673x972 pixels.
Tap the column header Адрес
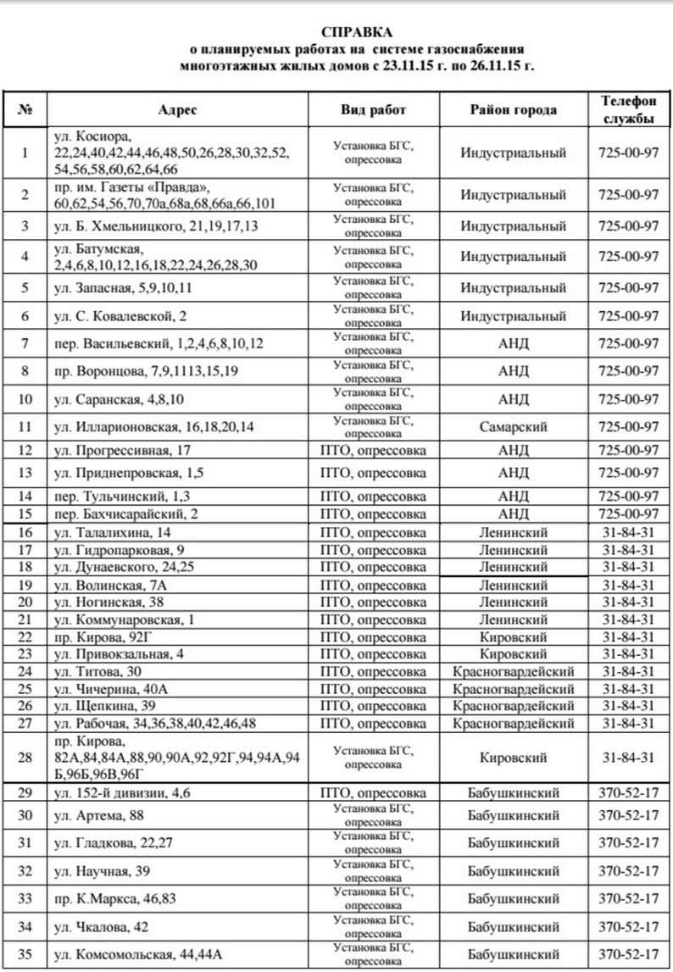[x=177, y=110]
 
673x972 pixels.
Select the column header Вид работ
[x=374, y=110]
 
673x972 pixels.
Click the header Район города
[x=513, y=110]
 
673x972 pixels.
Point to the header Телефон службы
[x=628, y=109]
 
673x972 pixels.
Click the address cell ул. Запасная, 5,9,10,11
[x=123, y=288]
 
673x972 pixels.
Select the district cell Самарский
[x=514, y=426]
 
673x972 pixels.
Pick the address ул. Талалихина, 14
[x=112, y=532]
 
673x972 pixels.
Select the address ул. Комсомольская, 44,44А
[x=138, y=955]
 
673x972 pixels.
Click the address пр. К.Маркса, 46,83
[x=114, y=898]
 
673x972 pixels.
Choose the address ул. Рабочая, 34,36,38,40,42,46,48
[x=154, y=724]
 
